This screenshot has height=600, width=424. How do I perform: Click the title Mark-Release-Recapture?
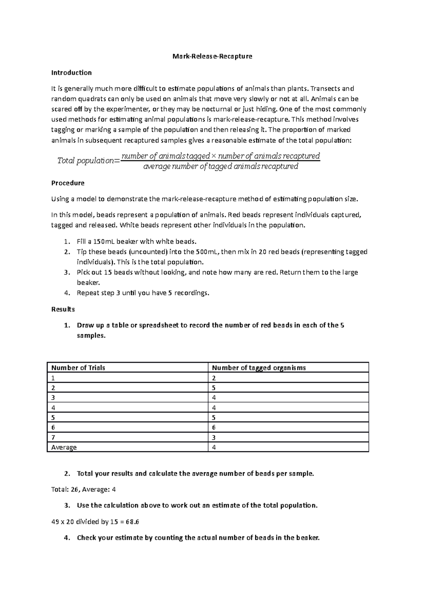click(212, 56)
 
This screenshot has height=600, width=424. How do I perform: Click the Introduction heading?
click(71, 73)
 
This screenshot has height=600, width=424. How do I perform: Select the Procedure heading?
click(68, 183)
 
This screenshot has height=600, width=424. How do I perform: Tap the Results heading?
click(63, 309)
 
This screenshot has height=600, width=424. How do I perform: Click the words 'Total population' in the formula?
click(86, 161)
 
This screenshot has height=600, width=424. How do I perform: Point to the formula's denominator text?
click(220, 166)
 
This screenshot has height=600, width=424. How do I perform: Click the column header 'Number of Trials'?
click(78, 368)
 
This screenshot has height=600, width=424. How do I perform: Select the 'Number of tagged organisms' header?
click(259, 368)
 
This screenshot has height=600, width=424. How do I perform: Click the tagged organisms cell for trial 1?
click(214, 378)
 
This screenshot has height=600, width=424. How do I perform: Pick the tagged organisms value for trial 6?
click(214, 428)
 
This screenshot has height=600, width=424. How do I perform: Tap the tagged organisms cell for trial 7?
click(214, 437)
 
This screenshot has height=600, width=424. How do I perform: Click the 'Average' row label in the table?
click(64, 447)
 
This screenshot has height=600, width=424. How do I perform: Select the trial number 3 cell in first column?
click(53, 398)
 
